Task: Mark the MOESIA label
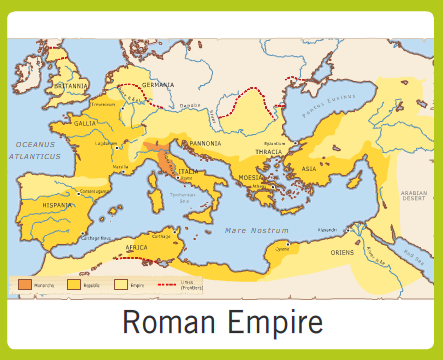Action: coord(249,177)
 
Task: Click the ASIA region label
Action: coord(308,169)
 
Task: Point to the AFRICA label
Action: coord(136,246)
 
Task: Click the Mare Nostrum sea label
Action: coord(249,230)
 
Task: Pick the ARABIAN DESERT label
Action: coord(413,194)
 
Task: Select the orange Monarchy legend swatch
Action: coord(25,285)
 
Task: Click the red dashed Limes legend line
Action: coord(165,285)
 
